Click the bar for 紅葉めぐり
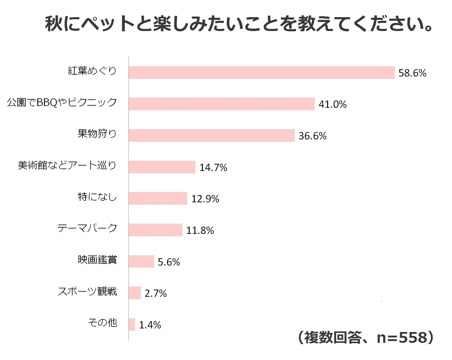pos(262,73)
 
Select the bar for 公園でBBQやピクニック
pos(221,104)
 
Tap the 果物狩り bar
pos(212,135)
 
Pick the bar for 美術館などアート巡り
pos(162,167)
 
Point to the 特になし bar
pos(158,198)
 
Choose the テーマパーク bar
pos(155,230)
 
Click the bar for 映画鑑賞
pos(141,261)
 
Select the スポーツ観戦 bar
pos(135,293)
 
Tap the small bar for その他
pos(132,324)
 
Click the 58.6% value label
pos(412,73)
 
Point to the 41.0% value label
pos(333,104)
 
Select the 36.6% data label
pos(312,136)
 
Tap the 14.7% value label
pos(213,167)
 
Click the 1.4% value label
pos(150,325)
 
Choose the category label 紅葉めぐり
pos(92,71)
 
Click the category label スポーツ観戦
pos(87,291)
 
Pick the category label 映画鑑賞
pos(97,260)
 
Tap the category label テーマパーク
pos(87,228)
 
